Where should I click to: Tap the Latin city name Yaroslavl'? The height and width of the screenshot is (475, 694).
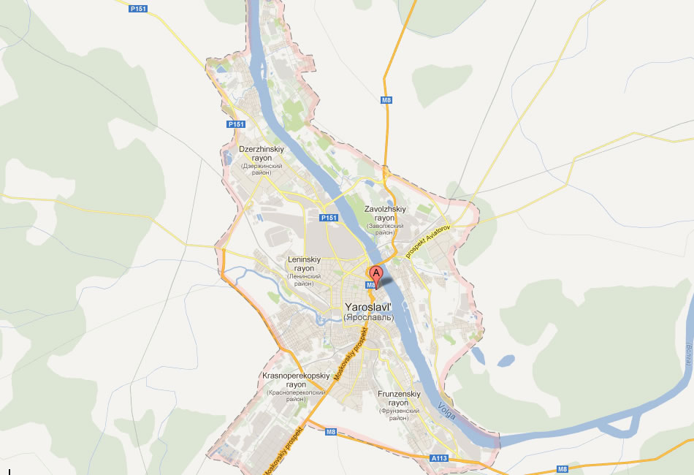pos(368,308)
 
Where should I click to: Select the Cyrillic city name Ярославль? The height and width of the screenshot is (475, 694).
pos(368,318)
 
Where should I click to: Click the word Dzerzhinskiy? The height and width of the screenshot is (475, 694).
pos(261,149)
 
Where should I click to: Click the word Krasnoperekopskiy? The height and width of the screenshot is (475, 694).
pos(296,376)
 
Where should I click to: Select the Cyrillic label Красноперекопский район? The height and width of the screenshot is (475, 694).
pos(296,395)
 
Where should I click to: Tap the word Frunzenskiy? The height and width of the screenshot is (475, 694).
pos(399,394)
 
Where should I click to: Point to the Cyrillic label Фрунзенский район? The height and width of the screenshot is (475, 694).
pos(399,414)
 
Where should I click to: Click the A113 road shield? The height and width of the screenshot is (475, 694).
pos(438,458)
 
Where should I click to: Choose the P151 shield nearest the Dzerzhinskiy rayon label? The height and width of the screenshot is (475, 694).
pos(236,124)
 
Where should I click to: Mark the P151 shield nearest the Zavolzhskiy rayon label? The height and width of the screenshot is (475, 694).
pos(329,218)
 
